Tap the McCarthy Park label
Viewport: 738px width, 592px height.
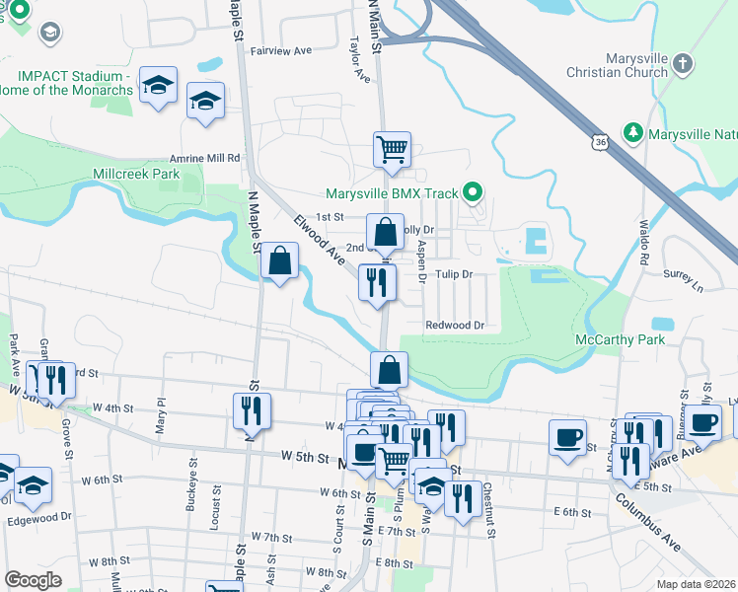tap(620, 339)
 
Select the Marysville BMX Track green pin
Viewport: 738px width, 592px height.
tap(474, 192)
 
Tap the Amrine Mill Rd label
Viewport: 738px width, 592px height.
tap(205, 158)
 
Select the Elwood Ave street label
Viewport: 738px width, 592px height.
tap(319, 240)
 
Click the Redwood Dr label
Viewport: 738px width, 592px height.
tap(455, 325)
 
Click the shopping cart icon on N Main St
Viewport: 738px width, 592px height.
tap(392, 150)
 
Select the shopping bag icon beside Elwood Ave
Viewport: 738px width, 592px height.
tap(280, 261)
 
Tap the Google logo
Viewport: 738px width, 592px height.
tap(33, 579)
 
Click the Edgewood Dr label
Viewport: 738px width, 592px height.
tap(40, 516)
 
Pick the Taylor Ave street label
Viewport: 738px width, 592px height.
tap(359, 59)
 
